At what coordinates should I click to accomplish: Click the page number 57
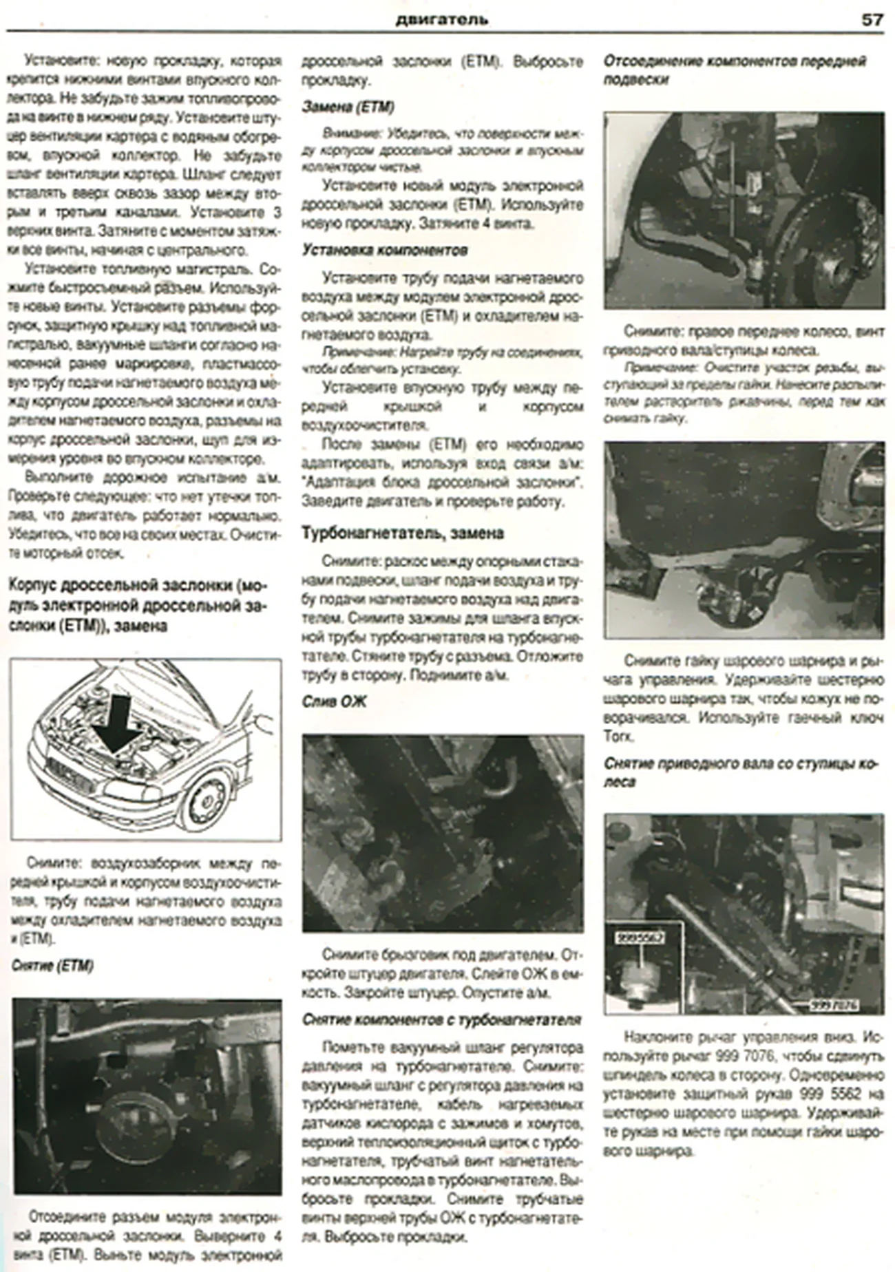pyautogui.click(x=871, y=19)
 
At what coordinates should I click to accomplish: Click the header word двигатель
pyautogui.click(x=442, y=19)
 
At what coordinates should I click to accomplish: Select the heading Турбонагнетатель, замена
pyautogui.click(x=403, y=533)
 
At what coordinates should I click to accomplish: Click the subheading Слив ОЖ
pyautogui.click(x=334, y=701)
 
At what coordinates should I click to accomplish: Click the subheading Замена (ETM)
pyautogui.click(x=348, y=107)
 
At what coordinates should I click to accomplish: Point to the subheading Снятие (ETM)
pyautogui.click(x=52, y=966)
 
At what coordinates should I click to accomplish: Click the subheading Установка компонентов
pyautogui.click(x=385, y=251)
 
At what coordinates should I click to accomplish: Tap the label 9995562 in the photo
pyautogui.click(x=640, y=937)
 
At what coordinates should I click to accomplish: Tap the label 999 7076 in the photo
pyautogui.click(x=834, y=1005)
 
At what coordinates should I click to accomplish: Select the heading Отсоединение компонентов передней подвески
pyautogui.click(x=734, y=70)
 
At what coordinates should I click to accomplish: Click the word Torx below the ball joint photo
pyautogui.click(x=618, y=736)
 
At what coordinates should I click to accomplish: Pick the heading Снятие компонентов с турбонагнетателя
pyautogui.click(x=441, y=1020)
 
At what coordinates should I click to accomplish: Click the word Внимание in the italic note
pyautogui.click(x=344, y=131)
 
